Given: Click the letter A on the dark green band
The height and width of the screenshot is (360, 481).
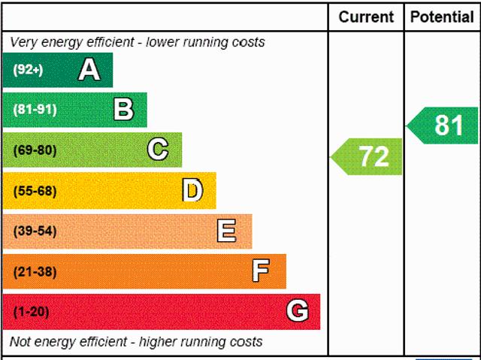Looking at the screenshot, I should click(89, 70).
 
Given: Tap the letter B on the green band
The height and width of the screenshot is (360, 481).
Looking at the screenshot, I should click(123, 110).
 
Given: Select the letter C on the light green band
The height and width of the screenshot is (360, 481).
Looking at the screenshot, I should click(157, 150).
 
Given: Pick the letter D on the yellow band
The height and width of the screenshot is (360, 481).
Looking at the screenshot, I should click(192, 190).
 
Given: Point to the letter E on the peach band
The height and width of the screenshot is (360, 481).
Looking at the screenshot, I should click(226, 231).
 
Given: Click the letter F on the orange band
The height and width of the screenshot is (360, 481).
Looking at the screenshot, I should click(260, 271).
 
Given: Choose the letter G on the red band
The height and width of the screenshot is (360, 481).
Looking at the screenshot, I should click(298, 311).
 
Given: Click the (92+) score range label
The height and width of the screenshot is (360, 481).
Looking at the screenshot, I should click(29, 71).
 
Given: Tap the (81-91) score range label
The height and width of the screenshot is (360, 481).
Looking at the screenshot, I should click(35, 110).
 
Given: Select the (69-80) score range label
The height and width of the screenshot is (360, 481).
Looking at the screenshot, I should click(35, 150).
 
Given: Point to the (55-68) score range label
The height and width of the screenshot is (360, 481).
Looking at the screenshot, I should click(35, 191).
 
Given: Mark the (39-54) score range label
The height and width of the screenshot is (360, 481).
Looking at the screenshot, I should click(35, 231).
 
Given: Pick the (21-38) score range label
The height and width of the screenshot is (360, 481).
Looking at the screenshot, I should click(35, 272).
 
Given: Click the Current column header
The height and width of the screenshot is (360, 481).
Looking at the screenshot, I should click(366, 17).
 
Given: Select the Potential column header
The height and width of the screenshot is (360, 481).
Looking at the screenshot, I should click(442, 17).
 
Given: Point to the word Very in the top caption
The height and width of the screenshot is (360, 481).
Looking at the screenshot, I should click(24, 42).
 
